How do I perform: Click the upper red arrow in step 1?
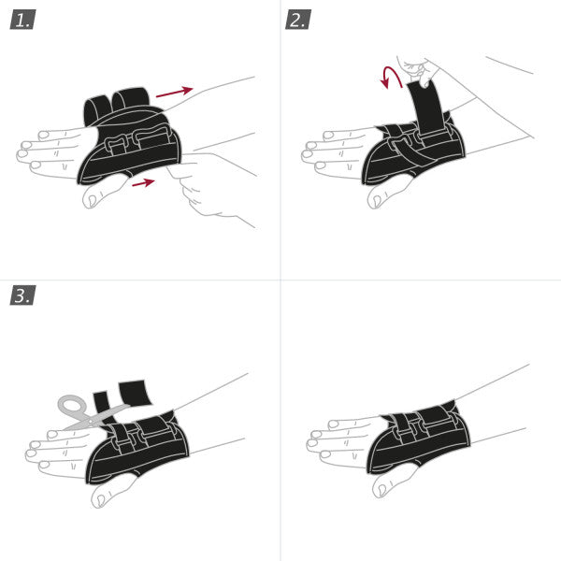pyautogui.click(x=174, y=93)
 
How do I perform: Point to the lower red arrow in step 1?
pyautogui.click(x=143, y=183)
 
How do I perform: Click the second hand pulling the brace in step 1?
pyautogui.click(x=210, y=182)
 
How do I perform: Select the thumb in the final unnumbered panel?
pyautogui.click(x=388, y=480)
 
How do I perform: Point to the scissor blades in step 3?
pyautogui.click(x=108, y=415)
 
